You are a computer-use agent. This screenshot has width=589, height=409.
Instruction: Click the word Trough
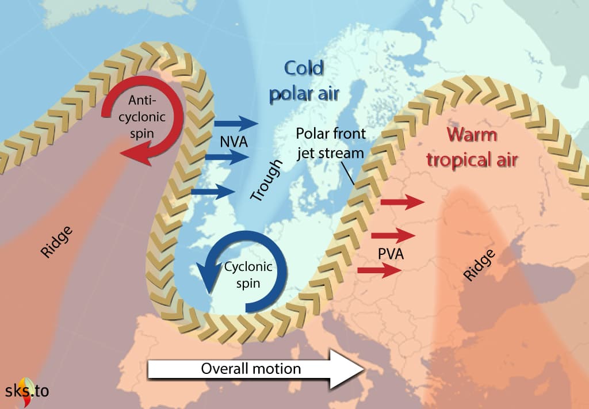click(x=267, y=181)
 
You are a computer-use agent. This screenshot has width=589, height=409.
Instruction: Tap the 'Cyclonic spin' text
click(x=247, y=274)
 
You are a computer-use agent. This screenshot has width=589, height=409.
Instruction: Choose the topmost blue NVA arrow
click(x=236, y=122)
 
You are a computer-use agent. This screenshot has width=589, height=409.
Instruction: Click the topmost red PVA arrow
click(x=403, y=202)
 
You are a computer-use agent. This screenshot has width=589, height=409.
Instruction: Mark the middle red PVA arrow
click(x=393, y=235)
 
